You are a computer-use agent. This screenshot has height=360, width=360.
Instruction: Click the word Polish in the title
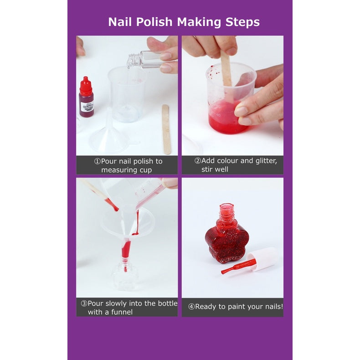[154, 22]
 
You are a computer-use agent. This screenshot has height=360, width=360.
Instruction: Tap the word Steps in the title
[242, 22]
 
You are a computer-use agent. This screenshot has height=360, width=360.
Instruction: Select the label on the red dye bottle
[87, 107]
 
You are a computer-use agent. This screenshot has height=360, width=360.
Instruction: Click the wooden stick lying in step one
[166, 129]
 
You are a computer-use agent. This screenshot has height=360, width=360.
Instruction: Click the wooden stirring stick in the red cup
[226, 73]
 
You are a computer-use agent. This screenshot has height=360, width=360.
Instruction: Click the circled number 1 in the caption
[98, 161]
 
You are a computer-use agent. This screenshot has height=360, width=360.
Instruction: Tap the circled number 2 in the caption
[198, 161]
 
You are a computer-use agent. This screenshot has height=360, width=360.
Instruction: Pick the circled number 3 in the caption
[84, 303]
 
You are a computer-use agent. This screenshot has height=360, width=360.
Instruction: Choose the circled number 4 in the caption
[191, 307]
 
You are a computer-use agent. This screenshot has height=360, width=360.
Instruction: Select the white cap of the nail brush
[263, 259]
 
